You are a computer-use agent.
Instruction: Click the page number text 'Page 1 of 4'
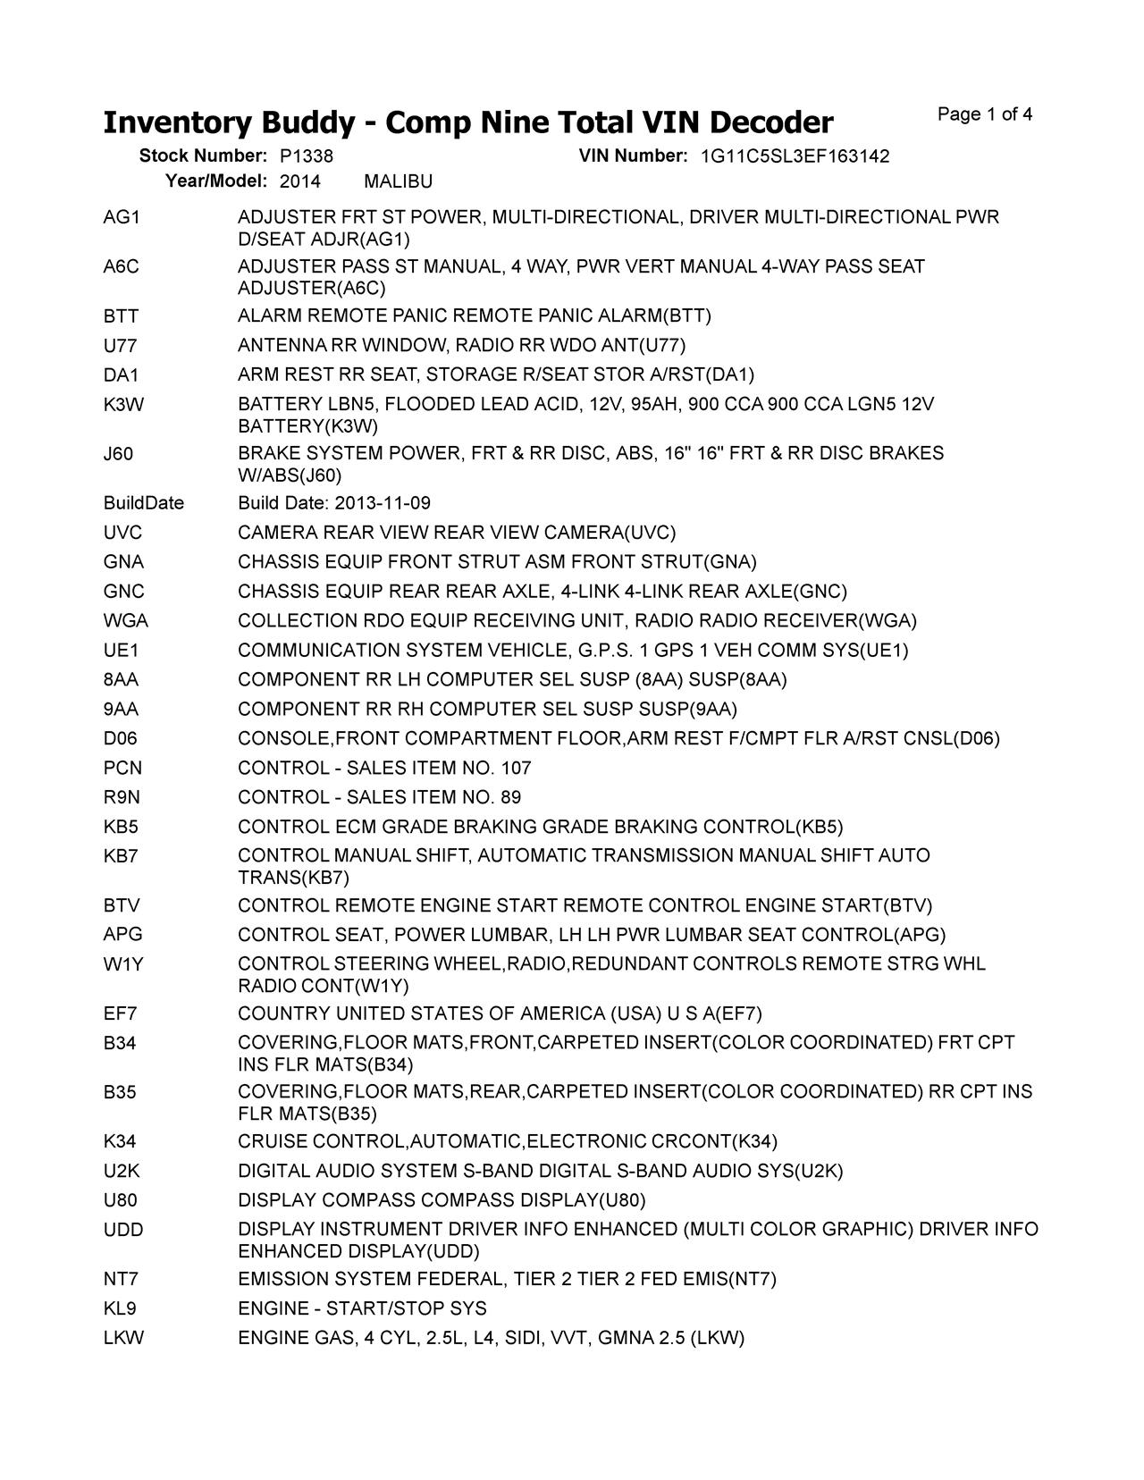(x=985, y=114)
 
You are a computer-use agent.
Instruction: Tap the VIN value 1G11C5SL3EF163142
(x=795, y=156)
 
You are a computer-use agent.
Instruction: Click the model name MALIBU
(x=399, y=182)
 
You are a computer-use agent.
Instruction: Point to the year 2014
(x=299, y=182)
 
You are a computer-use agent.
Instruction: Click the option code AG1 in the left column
(x=122, y=218)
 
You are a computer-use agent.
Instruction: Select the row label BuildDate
(x=144, y=503)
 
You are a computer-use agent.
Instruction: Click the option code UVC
(x=122, y=533)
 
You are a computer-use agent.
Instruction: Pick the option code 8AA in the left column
(x=121, y=680)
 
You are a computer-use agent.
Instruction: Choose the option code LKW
(x=123, y=1338)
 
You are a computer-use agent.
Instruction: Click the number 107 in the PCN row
(x=516, y=769)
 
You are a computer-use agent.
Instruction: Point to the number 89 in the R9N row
(x=511, y=798)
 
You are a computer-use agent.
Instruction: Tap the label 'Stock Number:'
(x=203, y=156)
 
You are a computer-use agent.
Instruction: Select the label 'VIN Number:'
(x=633, y=156)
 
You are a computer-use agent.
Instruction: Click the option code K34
(x=120, y=1141)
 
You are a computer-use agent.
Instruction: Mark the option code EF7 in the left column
(x=120, y=1013)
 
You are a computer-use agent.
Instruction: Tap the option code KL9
(x=120, y=1309)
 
